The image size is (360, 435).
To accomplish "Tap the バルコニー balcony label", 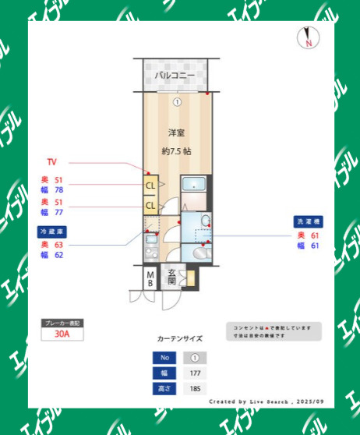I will (175, 76).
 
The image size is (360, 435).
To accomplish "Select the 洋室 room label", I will (176, 133).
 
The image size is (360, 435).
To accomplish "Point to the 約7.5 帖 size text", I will (176, 151).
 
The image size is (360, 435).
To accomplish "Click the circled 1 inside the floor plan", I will (177, 101).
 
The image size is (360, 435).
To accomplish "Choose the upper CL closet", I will (149, 186).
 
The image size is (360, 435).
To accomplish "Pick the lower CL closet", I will (149, 206).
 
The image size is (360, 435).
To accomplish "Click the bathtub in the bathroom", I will (192, 186).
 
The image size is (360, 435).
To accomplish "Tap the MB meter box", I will (150, 278).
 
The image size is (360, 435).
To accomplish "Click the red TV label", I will (51, 162).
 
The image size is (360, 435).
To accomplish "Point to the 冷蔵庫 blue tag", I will (53, 232).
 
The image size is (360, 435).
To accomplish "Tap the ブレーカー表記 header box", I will (62, 321).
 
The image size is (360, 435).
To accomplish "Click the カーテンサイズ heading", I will (179, 338).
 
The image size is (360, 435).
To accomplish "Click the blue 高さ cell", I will (164, 387).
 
